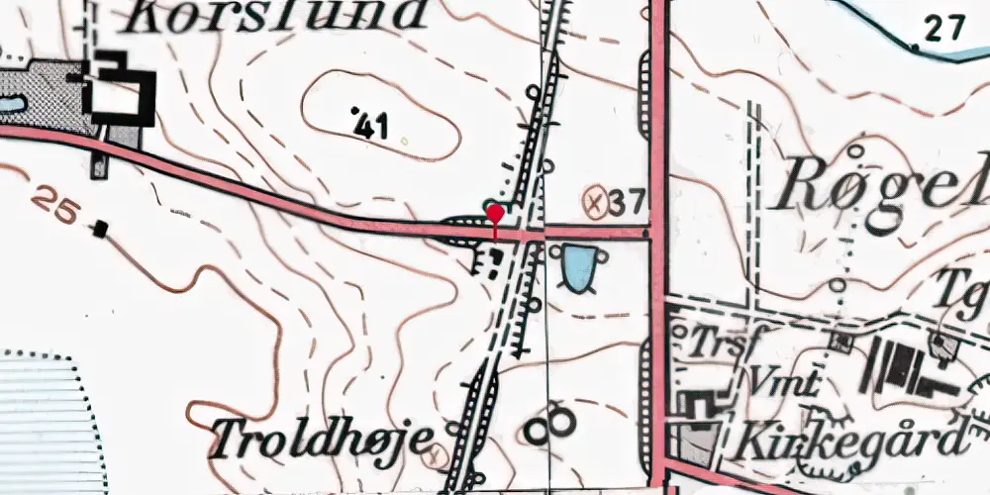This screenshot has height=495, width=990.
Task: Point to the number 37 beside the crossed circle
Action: pos(628,204)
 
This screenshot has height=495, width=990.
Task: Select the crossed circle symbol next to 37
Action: pos(595,203)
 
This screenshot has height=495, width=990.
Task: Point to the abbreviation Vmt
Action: pos(782,381)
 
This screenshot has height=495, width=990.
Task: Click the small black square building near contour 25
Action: pos(99,230)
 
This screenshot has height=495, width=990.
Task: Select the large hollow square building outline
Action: pos(120,95)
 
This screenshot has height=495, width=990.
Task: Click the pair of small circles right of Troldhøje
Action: pos(549,426)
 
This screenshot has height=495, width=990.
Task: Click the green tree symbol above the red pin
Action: pos(492,205)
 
